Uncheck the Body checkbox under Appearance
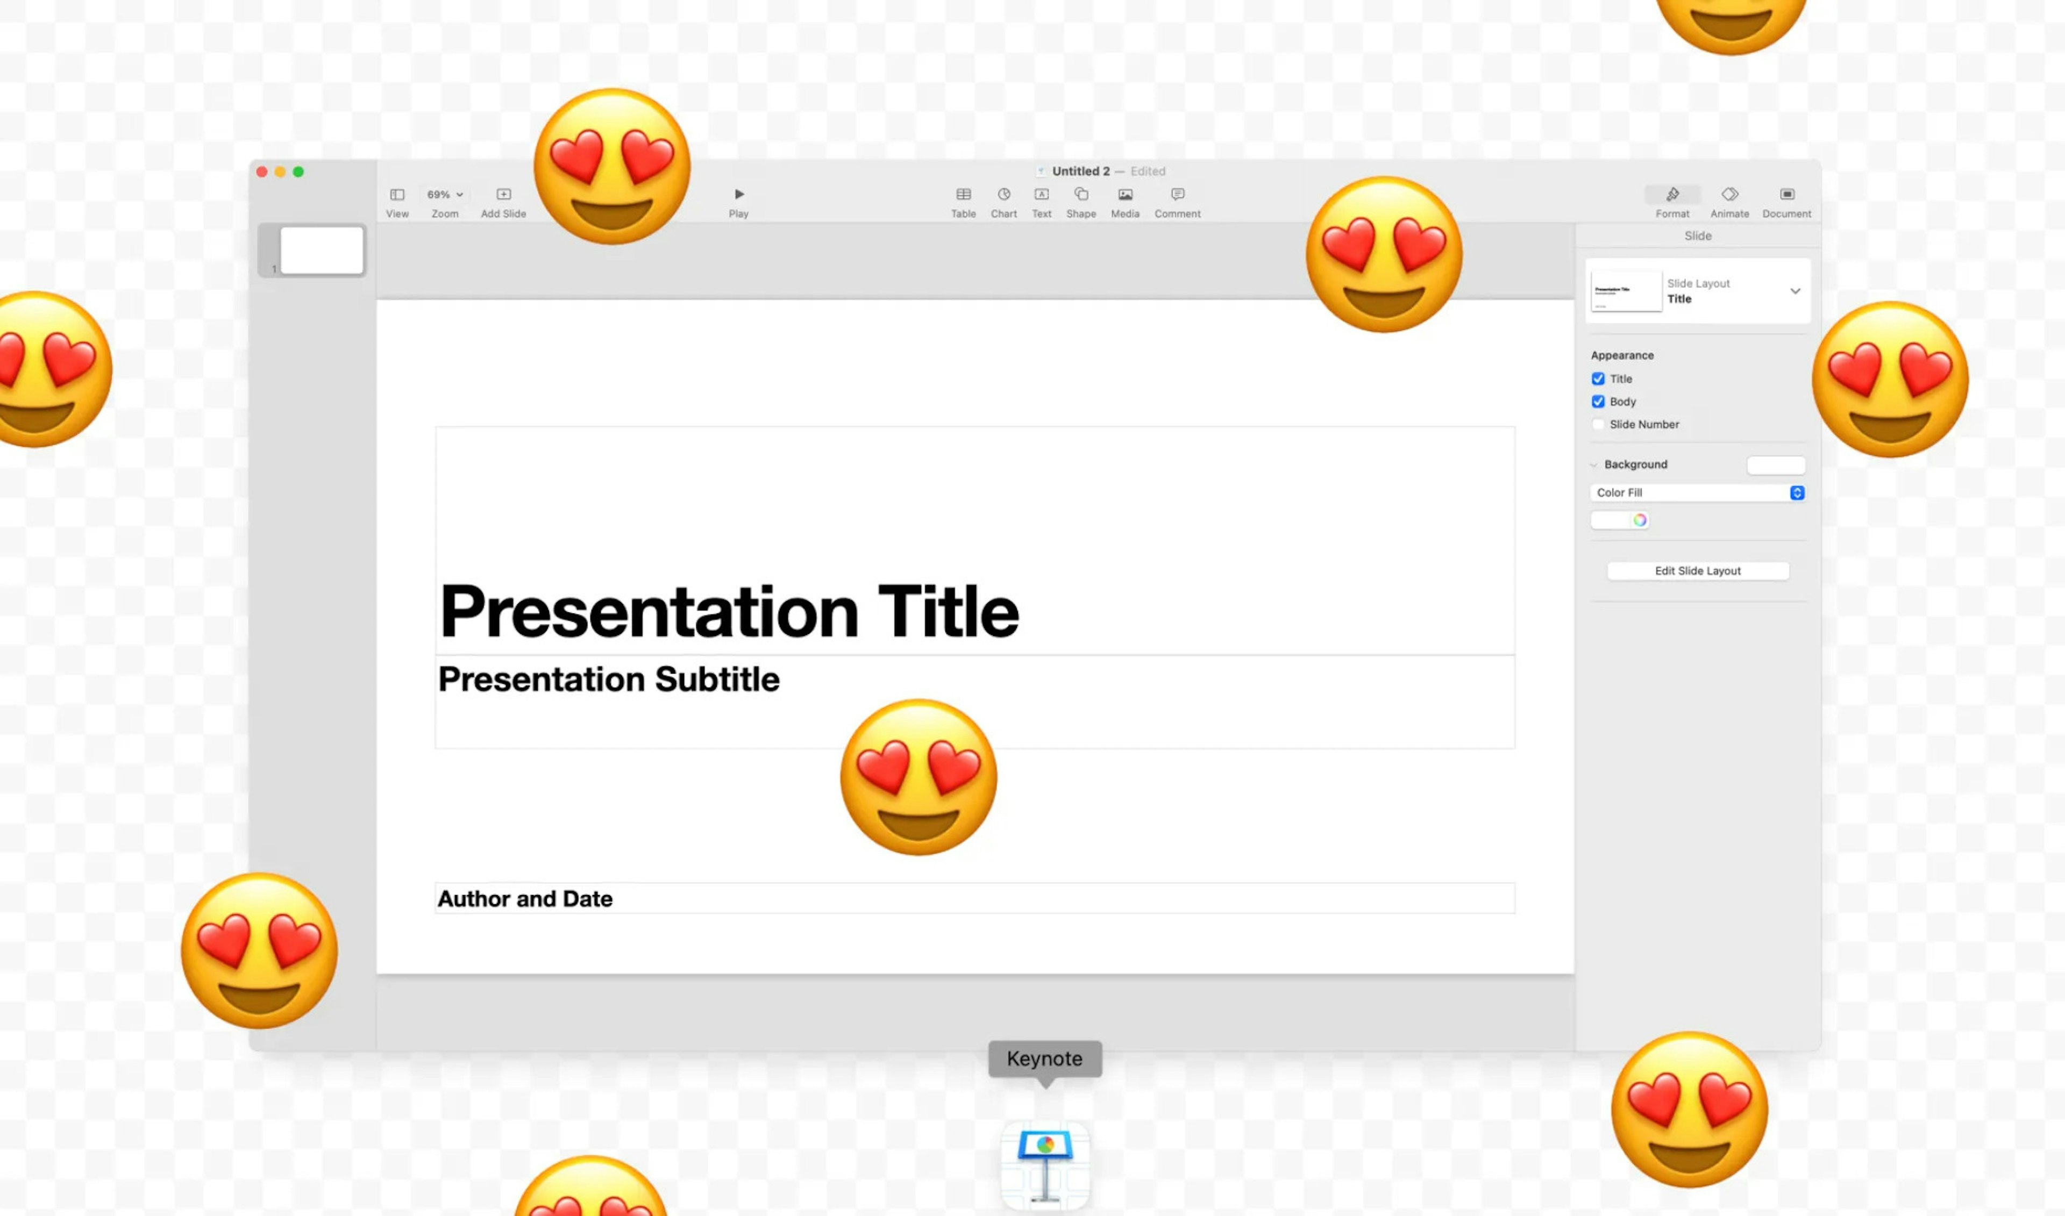point(1598,402)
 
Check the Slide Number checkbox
point(1598,425)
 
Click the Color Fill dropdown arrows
point(1796,492)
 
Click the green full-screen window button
point(298,172)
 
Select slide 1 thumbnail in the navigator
point(321,250)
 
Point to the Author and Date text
point(525,899)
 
